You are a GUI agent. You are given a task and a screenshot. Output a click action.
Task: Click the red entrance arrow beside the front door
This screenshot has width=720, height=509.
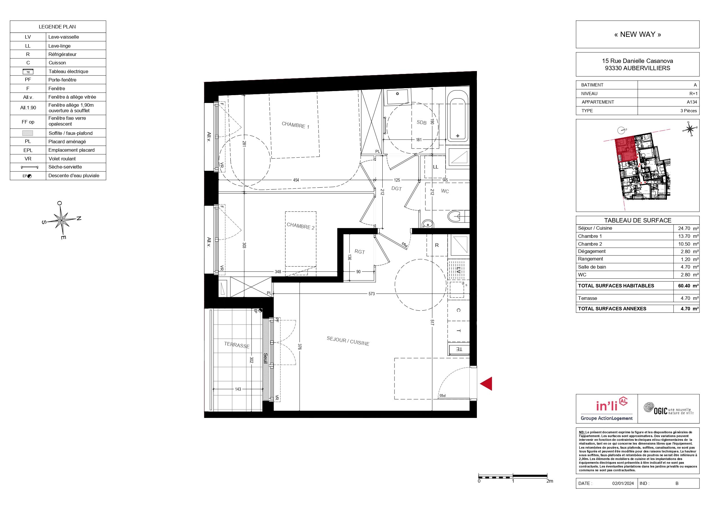point(487,383)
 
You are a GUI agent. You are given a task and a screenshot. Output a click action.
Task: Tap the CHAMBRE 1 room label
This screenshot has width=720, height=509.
point(295,125)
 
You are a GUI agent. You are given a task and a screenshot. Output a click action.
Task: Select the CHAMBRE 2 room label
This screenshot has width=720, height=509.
point(301,226)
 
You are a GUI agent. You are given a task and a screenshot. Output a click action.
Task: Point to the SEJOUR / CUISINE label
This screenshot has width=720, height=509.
point(348,341)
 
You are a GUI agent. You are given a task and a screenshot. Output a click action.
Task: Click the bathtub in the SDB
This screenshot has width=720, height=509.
point(458,116)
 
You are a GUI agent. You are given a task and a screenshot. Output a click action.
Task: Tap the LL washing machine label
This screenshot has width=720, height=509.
point(436,167)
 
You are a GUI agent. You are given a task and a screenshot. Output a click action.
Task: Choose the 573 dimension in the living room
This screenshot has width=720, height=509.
point(372,294)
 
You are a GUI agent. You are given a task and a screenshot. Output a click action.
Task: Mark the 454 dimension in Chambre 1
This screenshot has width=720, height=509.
point(296,180)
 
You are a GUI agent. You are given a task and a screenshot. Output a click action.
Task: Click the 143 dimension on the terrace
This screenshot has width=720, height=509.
point(238,389)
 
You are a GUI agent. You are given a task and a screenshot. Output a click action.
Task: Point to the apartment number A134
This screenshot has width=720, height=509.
point(692,102)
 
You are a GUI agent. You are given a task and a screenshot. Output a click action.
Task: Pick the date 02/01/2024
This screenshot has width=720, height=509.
point(623,483)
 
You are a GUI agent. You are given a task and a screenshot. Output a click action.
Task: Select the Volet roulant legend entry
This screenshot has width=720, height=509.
point(62,159)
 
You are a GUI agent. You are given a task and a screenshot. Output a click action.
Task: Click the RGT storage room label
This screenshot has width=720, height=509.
point(360,251)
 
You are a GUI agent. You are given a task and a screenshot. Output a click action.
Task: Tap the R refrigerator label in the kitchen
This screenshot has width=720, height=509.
point(437,245)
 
